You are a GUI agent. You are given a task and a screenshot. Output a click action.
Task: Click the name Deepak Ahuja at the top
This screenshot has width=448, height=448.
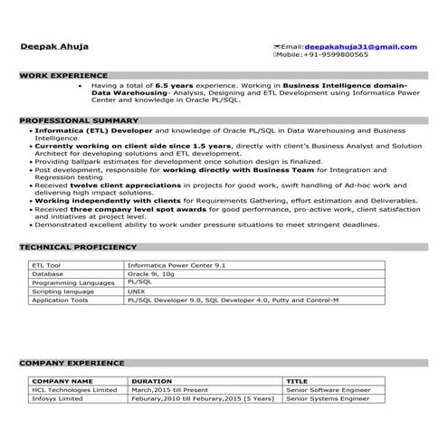[x=55, y=46]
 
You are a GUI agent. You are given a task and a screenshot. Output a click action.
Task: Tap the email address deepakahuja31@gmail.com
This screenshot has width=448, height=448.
[x=360, y=46]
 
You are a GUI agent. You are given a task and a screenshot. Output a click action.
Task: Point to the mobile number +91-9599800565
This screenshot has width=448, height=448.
[x=334, y=54]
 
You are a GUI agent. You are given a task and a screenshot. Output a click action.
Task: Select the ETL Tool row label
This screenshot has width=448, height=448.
[x=47, y=264]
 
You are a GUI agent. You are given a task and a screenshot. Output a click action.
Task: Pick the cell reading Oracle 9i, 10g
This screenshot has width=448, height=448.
[x=150, y=272]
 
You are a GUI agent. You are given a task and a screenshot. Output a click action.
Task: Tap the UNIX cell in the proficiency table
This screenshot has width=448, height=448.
[x=137, y=291]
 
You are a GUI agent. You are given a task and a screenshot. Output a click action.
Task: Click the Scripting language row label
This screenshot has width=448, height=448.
[x=62, y=291]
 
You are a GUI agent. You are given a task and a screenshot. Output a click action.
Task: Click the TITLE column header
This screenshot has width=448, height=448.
[x=297, y=381]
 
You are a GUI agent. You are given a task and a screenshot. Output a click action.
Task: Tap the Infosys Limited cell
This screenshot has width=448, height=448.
[x=62, y=398]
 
